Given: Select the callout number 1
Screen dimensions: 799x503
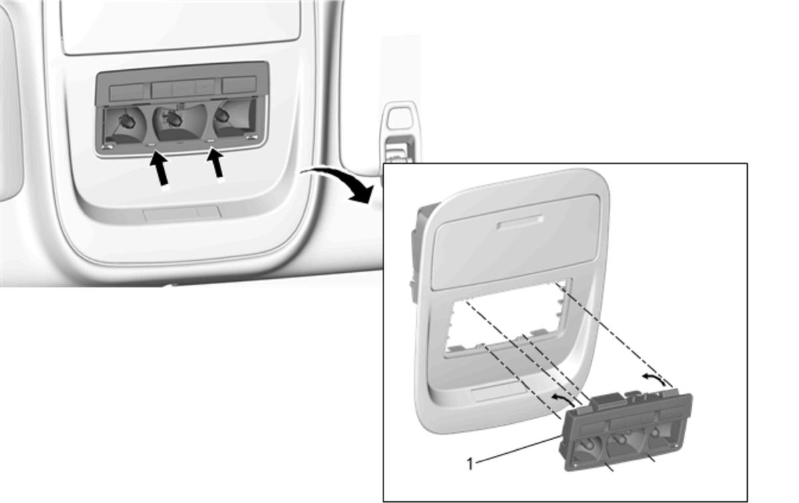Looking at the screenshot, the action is (x=470, y=464).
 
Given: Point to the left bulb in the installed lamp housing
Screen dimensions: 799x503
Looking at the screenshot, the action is (x=126, y=120).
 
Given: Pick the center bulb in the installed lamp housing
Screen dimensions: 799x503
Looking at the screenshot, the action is (x=174, y=119).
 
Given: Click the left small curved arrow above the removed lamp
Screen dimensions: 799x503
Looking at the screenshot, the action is (x=563, y=399).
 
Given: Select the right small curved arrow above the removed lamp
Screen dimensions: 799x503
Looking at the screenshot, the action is (x=654, y=379).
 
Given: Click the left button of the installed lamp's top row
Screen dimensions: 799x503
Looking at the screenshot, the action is (x=127, y=92).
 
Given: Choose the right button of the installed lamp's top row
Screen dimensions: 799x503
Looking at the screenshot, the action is (x=239, y=85).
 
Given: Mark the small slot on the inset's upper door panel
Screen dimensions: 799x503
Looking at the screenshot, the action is (x=521, y=222).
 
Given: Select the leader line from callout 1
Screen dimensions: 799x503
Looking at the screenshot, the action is (x=519, y=450).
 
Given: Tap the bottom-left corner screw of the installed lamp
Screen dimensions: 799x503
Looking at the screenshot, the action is (x=107, y=146).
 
